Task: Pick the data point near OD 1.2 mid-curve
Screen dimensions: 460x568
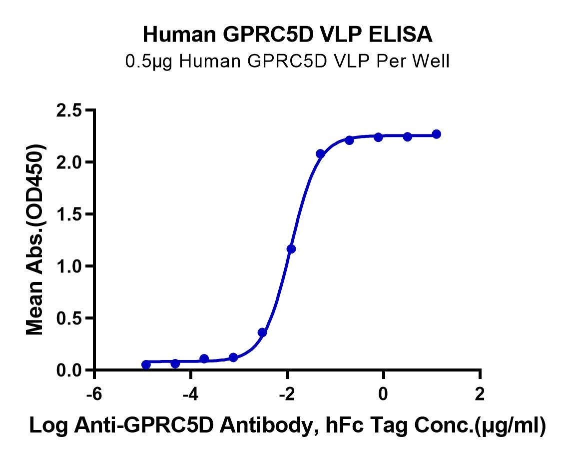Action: click(x=291, y=249)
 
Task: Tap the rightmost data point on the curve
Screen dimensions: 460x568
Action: click(x=436, y=134)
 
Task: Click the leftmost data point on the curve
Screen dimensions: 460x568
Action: click(x=146, y=365)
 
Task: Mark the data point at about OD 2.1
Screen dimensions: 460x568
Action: click(x=320, y=154)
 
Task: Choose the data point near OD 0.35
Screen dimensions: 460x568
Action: click(x=262, y=332)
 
